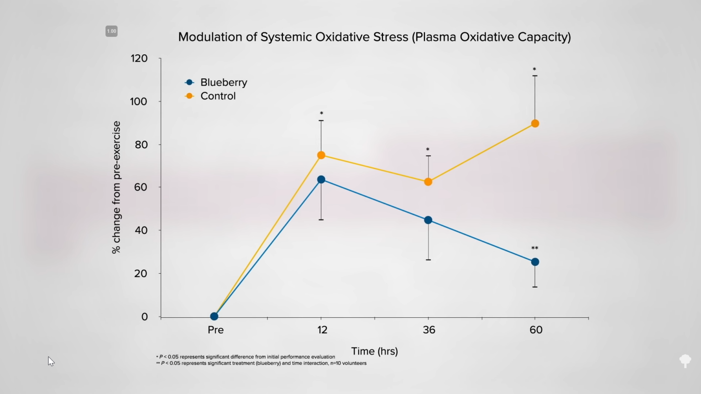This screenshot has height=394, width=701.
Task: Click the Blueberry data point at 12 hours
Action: (321, 180)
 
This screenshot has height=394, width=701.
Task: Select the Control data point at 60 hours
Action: (535, 124)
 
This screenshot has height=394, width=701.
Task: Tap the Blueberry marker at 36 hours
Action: (428, 220)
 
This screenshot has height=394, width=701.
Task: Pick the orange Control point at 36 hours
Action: (428, 182)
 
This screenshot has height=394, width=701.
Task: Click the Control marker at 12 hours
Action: (321, 155)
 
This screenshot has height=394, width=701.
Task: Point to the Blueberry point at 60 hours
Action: (535, 262)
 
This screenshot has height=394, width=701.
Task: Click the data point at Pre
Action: (214, 316)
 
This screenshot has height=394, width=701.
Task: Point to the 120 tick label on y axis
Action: (139, 58)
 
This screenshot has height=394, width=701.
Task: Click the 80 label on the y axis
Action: (141, 145)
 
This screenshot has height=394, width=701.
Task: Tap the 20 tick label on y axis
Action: (141, 274)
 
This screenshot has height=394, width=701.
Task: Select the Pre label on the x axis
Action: (215, 330)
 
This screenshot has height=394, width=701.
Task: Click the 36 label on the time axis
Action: (429, 330)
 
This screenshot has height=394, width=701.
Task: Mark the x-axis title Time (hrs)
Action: (374, 351)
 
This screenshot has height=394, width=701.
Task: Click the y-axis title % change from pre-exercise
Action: (116, 187)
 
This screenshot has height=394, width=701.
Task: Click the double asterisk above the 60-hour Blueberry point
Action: (535, 249)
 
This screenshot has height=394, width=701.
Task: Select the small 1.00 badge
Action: (112, 31)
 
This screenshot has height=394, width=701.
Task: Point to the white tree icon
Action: (685, 361)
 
